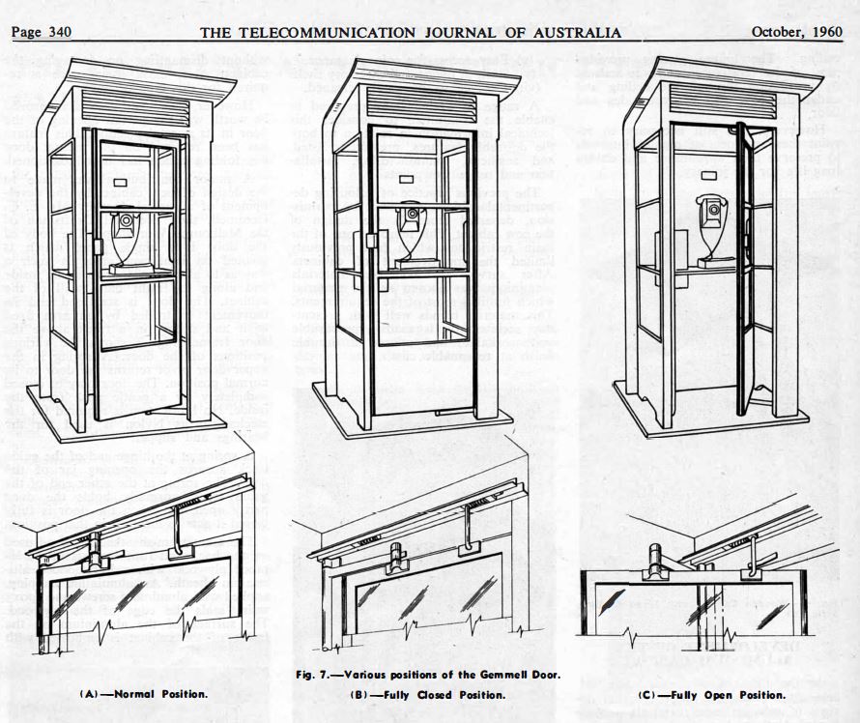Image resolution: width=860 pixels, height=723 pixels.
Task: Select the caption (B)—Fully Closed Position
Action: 434,695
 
